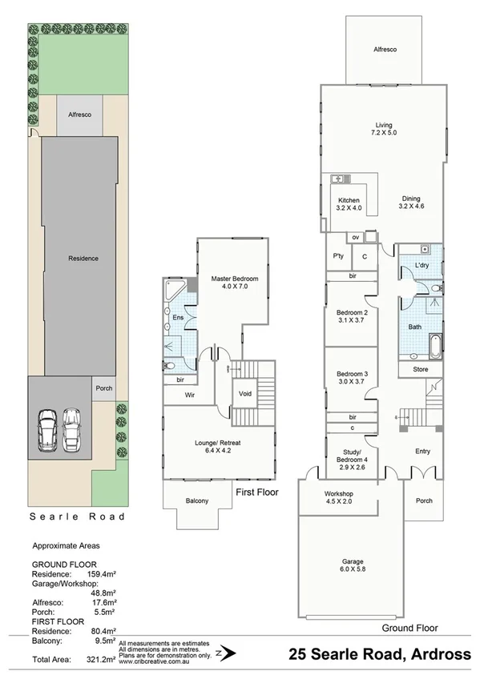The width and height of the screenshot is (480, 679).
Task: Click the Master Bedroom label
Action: pos(232,283)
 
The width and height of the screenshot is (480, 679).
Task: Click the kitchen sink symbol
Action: pos(338,179)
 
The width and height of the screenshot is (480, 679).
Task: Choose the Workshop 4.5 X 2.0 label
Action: pos(338,496)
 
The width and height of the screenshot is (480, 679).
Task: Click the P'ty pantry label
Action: pos(338,256)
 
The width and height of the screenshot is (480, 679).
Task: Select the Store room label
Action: pos(421,369)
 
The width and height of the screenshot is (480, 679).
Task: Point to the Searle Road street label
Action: pos(78,516)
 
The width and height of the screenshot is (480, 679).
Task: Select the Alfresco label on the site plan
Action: pos(79,115)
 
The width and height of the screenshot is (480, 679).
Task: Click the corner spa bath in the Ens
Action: pos(174,291)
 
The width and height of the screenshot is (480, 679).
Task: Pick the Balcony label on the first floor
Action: pos(196,501)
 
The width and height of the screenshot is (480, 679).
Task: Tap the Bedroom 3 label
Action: pos(352,379)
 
